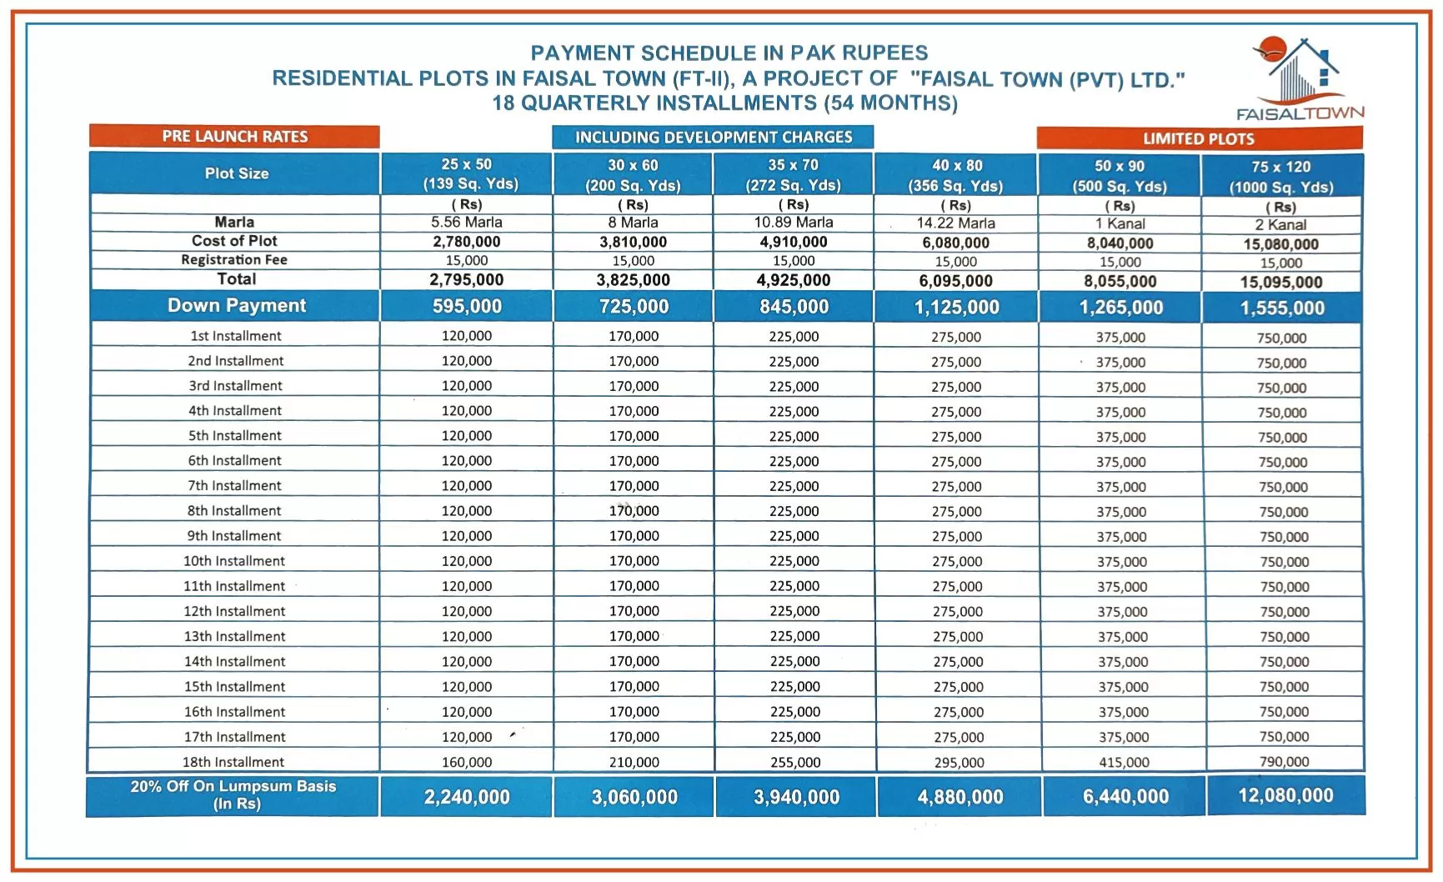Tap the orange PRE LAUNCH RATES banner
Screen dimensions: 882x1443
234,137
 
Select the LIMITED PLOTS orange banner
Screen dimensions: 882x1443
1198,138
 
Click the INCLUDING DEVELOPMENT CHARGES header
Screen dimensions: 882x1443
713,138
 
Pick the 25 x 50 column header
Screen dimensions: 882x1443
467,174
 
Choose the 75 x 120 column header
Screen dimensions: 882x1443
1281,177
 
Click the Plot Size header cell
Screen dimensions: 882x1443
237,173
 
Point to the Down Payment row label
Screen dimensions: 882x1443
237,306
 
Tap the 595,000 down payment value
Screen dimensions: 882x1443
467,307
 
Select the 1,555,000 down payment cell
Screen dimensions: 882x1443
1282,308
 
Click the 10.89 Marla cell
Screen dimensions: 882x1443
794,223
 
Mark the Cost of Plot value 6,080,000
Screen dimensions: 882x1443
955,243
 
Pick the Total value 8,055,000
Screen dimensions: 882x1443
1120,282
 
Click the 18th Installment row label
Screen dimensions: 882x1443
233,762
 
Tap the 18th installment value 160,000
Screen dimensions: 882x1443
467,762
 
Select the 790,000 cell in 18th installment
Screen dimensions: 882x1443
1284,761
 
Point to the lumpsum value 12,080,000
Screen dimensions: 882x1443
1285,795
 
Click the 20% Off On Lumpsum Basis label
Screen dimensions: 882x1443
233,795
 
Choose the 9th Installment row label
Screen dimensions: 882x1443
234,536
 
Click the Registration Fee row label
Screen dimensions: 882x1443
234,260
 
